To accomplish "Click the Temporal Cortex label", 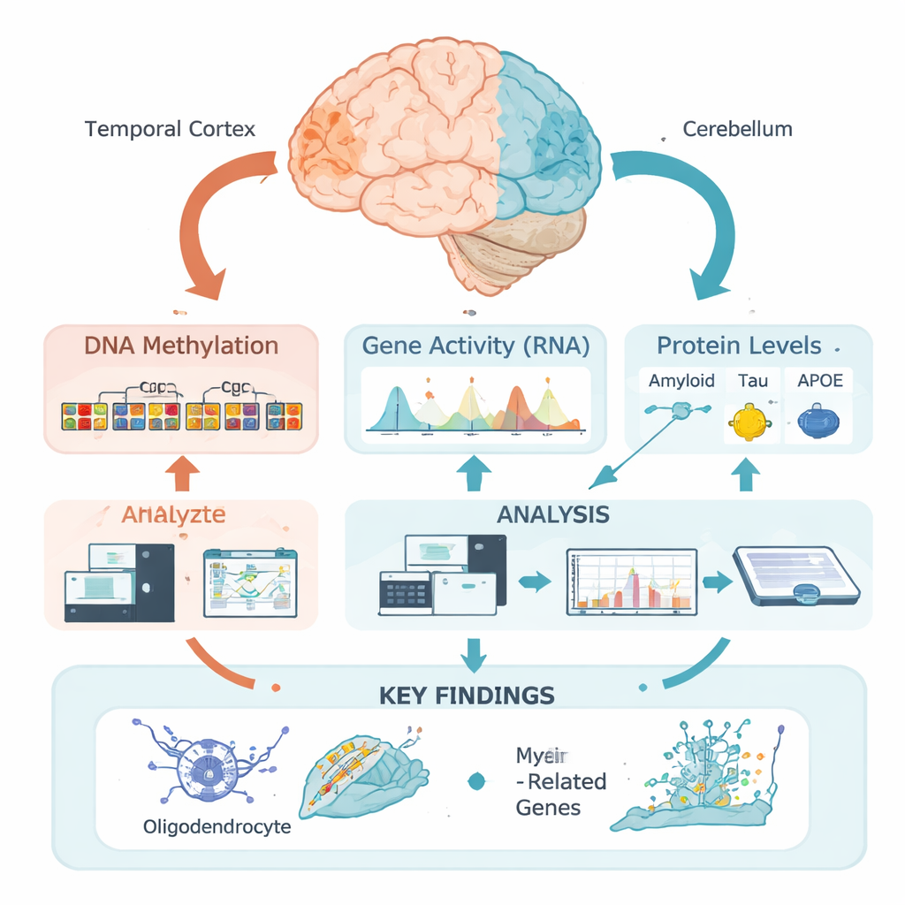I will click(171, 130).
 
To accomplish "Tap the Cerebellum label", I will click(737, 130).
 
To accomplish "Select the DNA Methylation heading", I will click(181, 346).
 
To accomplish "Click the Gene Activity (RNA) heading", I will click(476, 346).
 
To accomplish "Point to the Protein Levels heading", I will click(738, 346).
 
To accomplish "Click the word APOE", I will click(819, 381).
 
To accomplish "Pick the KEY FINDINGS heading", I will click(466, 695).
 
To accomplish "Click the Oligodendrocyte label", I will click(217, 829).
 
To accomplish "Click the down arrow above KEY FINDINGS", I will click(475, 653).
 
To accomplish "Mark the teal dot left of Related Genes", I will click(477, 780).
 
